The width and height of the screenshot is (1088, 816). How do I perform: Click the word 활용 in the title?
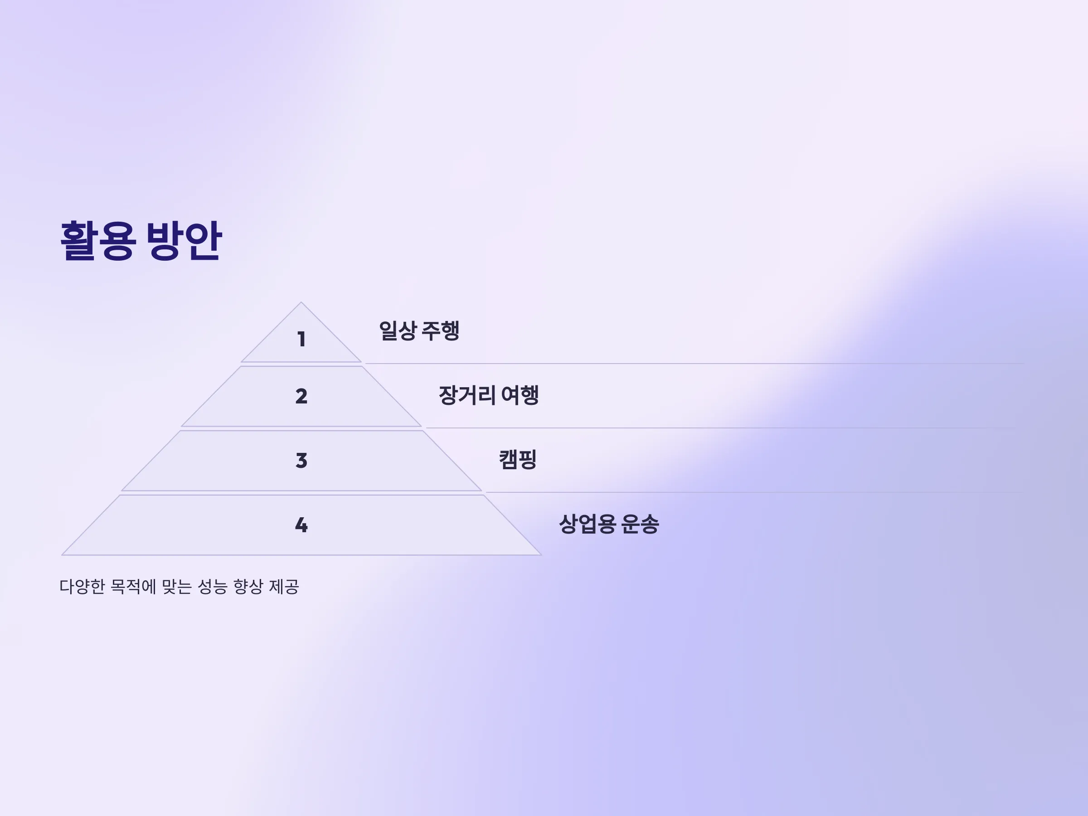(x=97, y=241)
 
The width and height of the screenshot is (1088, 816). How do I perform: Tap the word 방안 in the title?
(x=184, y=241)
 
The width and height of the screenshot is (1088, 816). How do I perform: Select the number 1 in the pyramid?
(x=301, y=340)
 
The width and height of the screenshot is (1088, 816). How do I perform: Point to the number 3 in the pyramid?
(x=301, y=461)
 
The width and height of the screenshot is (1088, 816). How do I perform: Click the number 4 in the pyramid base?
(x=301, y=525)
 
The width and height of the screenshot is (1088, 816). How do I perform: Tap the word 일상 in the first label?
(x=398, y=330)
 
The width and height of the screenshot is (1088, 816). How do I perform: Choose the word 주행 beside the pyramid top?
(x=441, y=330)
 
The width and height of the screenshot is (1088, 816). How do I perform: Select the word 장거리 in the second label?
(x=467, y=395)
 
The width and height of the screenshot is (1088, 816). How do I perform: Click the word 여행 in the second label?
(x=520, y=395)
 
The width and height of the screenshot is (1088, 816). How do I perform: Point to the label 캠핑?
(x=517, y=459)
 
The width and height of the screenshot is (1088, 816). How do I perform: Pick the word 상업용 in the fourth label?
(x=587, y=524)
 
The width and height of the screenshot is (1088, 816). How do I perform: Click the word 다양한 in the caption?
(x=82, y=586)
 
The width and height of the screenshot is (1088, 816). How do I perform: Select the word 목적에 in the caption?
(x=133, y=586)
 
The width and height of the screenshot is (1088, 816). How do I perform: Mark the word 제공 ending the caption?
(x=284, y=586)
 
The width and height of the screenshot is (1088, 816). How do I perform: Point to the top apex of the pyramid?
(x=301, y=302)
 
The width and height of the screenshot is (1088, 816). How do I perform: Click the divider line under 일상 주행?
(x=695, y=364)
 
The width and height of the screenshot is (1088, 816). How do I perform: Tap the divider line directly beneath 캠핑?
(x=755, y=492)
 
